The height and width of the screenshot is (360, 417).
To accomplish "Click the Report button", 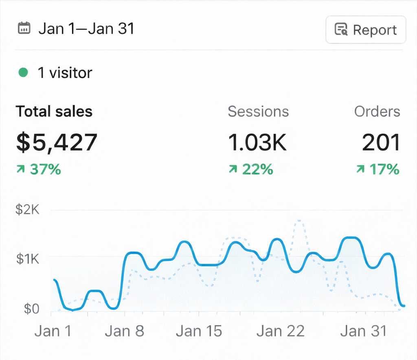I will (365, 30).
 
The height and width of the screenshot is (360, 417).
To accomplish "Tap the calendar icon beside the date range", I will (24, 29).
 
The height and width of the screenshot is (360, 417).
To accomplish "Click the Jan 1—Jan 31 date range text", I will (86, 29).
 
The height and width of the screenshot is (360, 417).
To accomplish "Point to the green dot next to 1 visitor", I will (24, 73).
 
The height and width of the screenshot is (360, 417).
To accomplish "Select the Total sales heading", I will (54, 111).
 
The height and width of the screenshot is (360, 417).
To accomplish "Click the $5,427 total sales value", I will (57, 142).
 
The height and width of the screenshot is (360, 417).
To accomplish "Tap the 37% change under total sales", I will (39, 169).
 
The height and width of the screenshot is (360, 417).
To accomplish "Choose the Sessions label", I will (258, 111).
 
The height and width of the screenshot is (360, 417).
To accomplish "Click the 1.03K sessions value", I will (257, 142).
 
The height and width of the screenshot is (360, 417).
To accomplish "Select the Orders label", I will (377, 111).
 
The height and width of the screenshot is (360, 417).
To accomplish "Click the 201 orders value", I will (381, 142).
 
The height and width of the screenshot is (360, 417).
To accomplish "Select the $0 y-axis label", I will (31, 309).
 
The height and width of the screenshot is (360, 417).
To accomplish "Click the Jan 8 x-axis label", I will (124, 331).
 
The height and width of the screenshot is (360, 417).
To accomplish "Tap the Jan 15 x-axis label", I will (199, 331).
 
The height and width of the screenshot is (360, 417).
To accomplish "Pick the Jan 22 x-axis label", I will (281, 331).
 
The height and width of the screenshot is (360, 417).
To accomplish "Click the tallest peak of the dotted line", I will (299, 221).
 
